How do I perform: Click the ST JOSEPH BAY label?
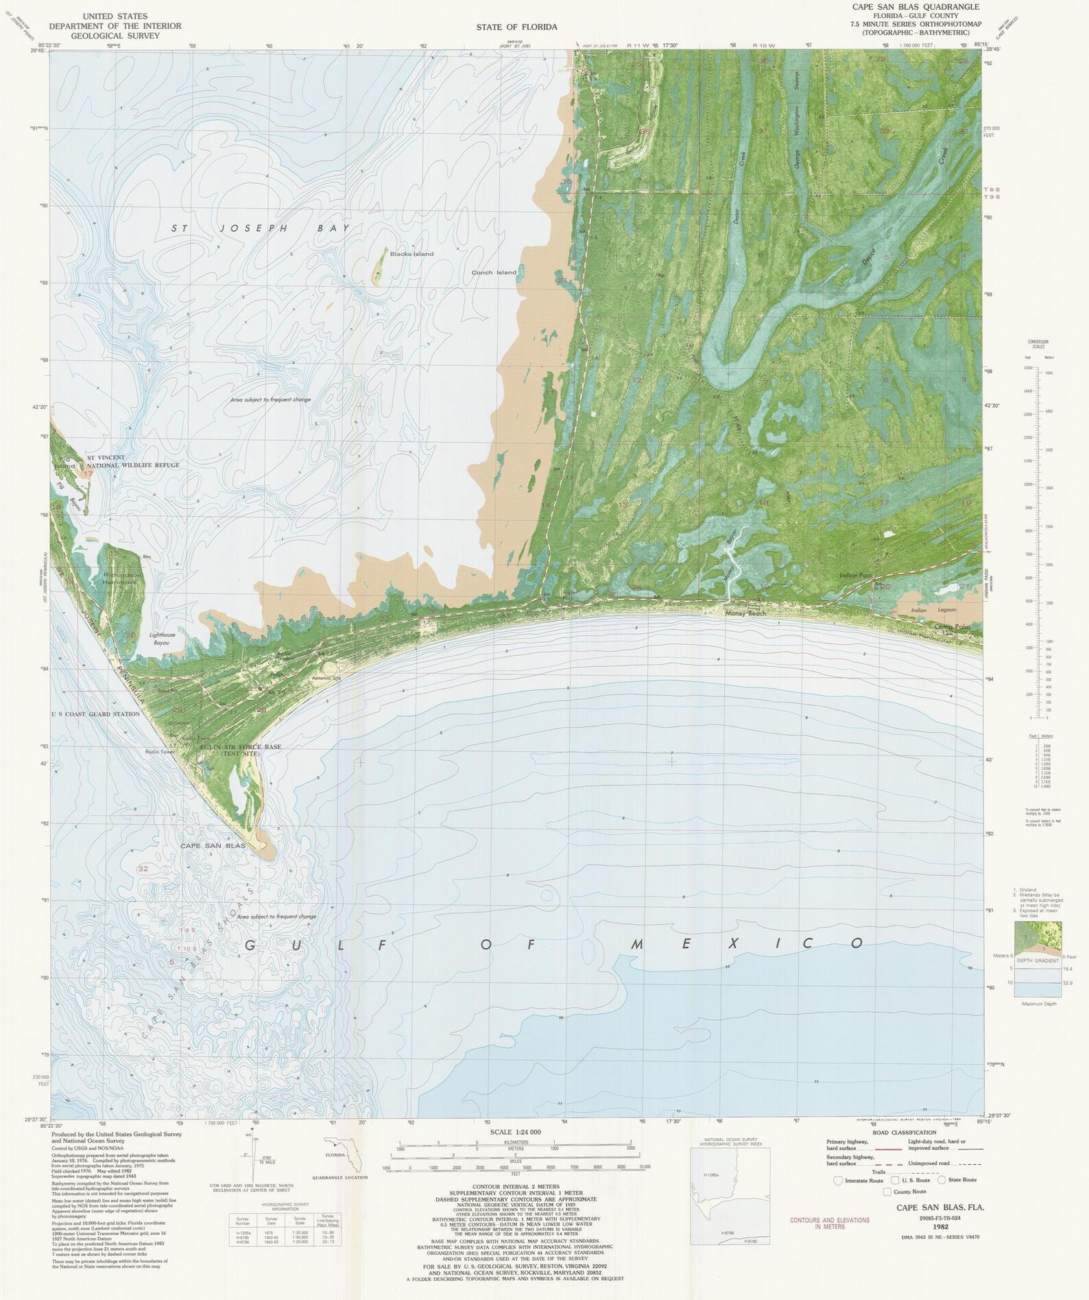260,228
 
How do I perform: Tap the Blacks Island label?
411,254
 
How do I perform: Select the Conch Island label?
494,272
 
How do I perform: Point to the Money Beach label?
746,613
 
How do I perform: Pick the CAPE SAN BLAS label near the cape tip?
212,846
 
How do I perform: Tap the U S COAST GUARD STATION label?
95,713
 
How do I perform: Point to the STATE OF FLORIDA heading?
516,27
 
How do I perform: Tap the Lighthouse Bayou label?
163,635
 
